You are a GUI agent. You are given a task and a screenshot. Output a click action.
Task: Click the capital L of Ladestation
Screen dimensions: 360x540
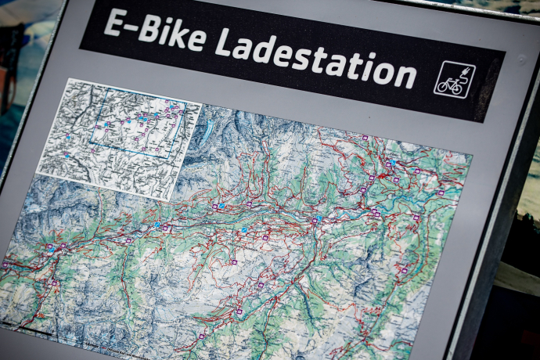(x=225, y=43)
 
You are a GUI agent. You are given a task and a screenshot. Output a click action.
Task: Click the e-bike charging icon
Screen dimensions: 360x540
(x=453, y=80)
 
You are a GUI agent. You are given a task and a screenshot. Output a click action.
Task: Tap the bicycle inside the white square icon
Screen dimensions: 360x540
(x=448, y=85)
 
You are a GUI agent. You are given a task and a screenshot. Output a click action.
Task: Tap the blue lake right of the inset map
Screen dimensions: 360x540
(x=205, y=134)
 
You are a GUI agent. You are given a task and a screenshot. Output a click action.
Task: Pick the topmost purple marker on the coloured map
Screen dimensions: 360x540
(x=365, y=138)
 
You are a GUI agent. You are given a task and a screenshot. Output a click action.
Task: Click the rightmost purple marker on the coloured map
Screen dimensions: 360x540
(x=441, y=192)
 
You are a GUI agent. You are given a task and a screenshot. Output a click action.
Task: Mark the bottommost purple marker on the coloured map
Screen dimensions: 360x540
(x=201, y=337)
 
